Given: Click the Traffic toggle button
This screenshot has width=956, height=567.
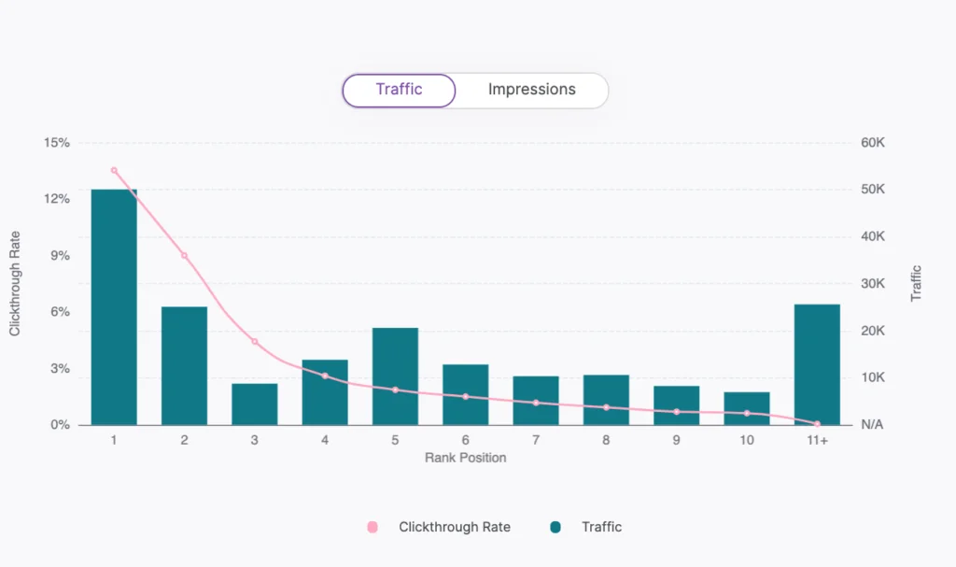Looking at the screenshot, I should point(399,91).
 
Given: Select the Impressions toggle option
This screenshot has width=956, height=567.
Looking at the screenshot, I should point(531,91).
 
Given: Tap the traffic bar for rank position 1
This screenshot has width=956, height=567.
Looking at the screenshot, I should point(114,307).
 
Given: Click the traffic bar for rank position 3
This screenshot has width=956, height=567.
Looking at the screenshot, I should point(255,404).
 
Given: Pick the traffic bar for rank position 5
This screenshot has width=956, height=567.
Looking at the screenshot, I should point(395,376).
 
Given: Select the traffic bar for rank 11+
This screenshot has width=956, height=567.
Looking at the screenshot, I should point(817,364).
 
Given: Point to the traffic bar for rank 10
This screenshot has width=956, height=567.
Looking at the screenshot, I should point(747,408).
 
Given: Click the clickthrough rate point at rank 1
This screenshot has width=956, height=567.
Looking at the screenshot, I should point(114,170).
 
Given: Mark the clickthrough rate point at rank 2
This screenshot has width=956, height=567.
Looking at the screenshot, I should point(184,255).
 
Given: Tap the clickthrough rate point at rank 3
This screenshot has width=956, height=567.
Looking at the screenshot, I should point(255,341).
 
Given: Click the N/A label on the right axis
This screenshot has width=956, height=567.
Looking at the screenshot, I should point(872,425).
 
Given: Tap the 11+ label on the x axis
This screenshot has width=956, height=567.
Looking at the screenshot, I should point(817,441).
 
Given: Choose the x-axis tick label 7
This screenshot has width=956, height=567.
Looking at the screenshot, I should point(536,441).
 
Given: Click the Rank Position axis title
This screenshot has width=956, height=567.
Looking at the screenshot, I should point(465,458).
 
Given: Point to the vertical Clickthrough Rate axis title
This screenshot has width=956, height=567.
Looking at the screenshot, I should point(15,284).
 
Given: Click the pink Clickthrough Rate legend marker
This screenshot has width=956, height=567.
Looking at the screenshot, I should point(373,527).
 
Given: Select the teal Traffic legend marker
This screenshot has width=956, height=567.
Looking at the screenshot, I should point(555,527).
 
